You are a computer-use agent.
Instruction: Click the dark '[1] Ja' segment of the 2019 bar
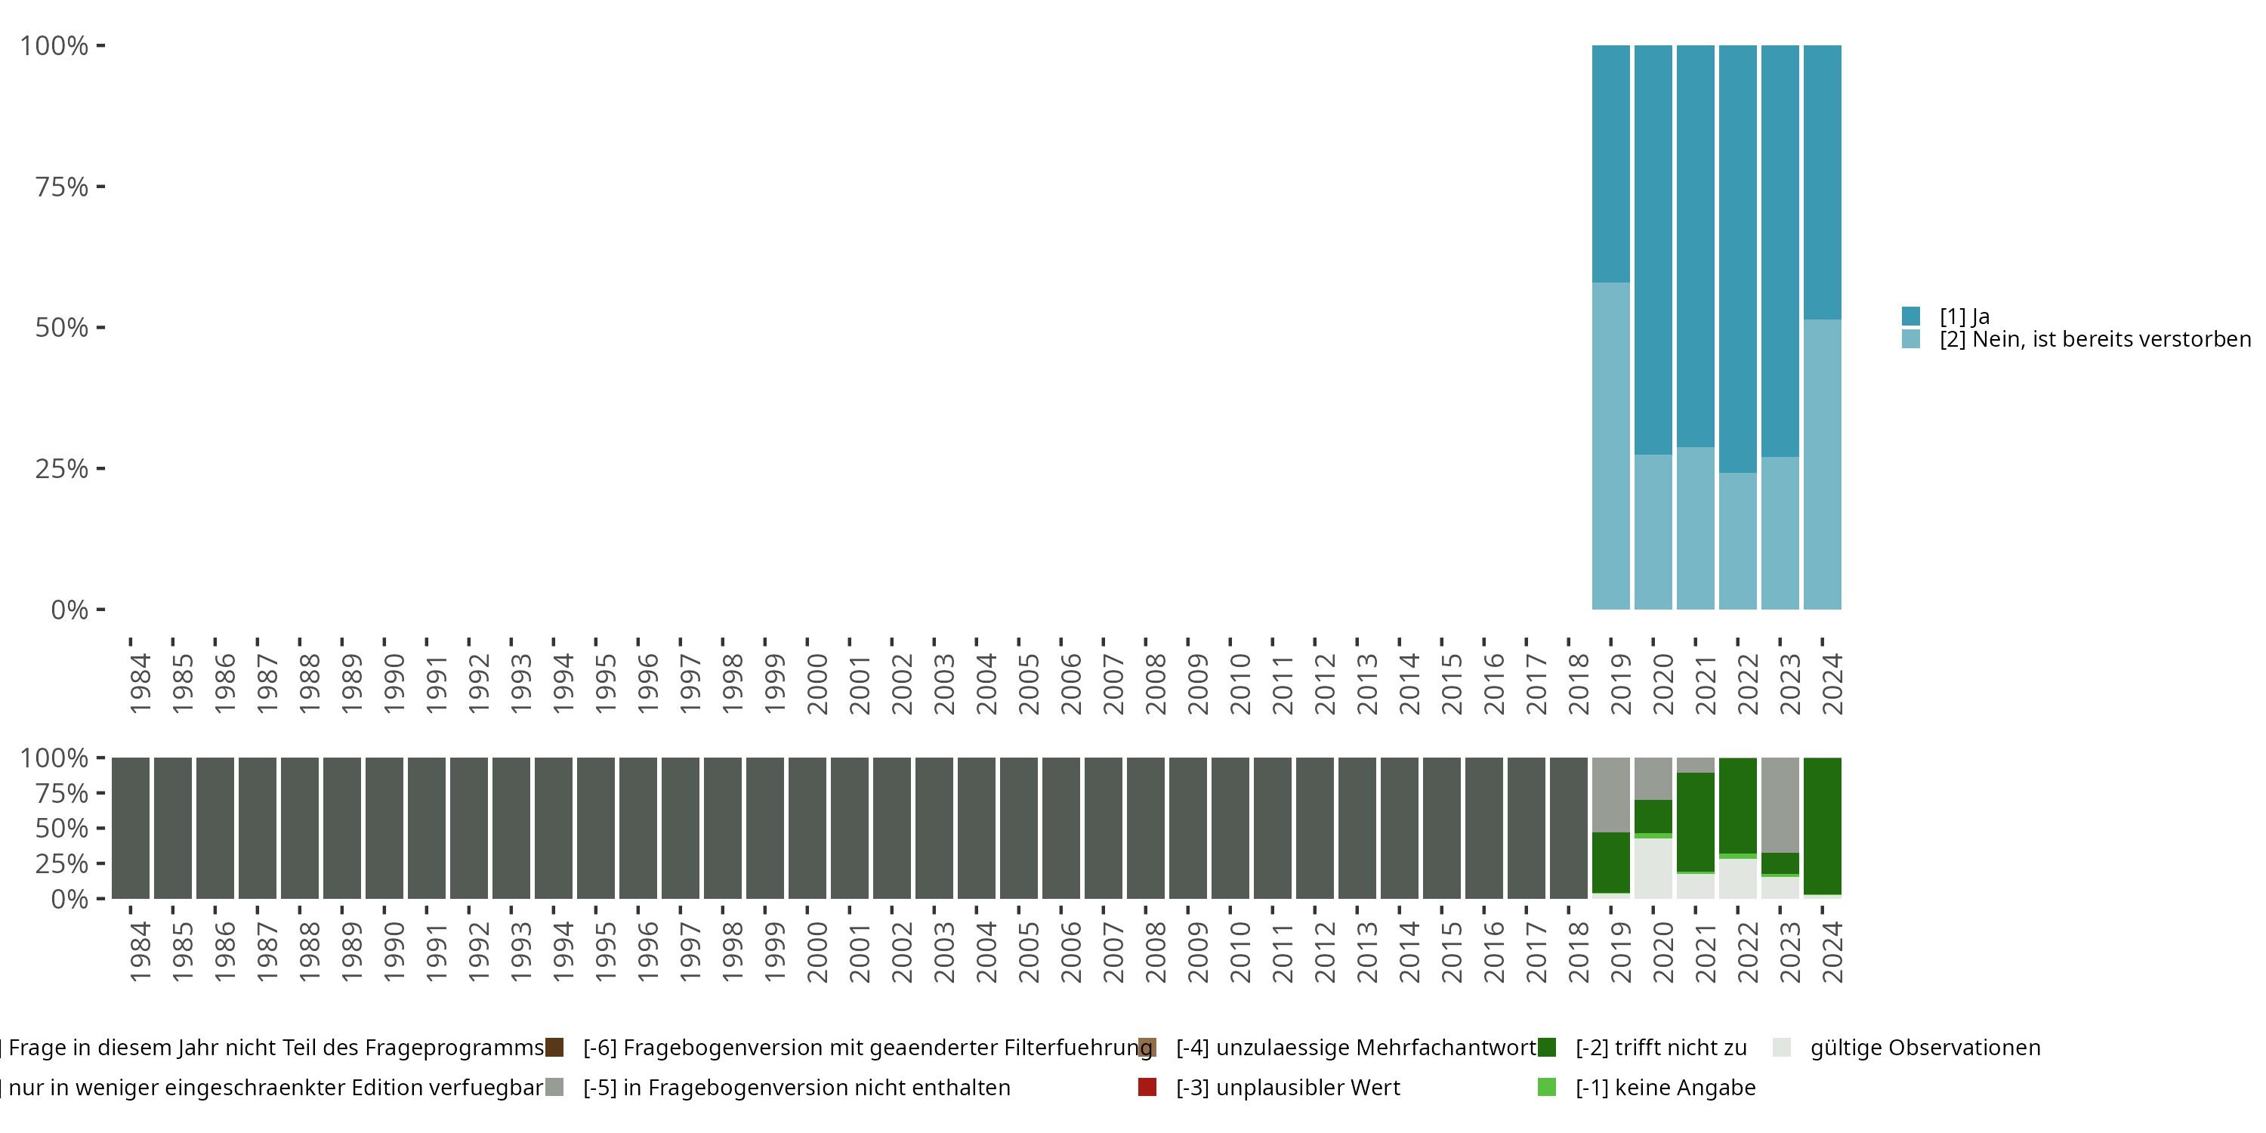coord(1610,164)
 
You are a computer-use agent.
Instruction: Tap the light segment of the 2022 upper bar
coord(1737,540)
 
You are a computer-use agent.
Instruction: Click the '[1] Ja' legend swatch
coord(1911,316)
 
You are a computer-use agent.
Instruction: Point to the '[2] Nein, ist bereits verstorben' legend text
coord(2093,340)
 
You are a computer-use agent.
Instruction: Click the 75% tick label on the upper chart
coord(62,187)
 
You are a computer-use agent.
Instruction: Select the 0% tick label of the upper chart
coord(69,610)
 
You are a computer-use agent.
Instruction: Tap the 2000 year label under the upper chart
coord(817,684)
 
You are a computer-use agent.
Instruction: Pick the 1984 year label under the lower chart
coord(140,952)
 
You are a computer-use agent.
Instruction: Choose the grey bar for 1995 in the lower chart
coord(595,828)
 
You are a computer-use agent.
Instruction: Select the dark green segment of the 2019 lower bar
coord(1610,862)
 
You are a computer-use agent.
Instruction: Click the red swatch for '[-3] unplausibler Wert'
coord(1147,1087)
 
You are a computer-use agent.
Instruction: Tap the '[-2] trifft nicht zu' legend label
coord(1661,1048)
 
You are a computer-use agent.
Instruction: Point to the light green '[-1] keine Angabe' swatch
coord(1546,1087)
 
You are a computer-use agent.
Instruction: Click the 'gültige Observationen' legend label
coord(1925,1048)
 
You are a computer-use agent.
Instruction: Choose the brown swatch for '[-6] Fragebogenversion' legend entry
coord(554,1048)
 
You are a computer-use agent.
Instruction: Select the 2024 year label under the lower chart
coord(1832,952)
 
